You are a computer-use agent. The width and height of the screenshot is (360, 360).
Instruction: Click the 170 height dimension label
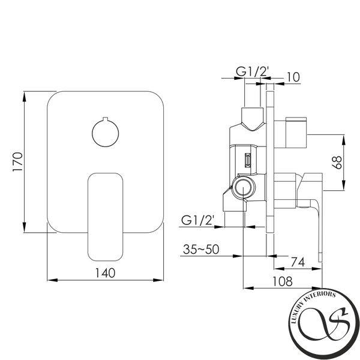(18, 161)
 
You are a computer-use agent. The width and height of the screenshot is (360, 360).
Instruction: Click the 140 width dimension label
(105, 273)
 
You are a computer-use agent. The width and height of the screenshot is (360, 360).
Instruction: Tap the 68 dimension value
(337, 163)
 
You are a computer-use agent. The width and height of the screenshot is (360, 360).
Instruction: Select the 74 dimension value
(298, 262)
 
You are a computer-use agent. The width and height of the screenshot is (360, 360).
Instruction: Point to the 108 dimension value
(283, 281)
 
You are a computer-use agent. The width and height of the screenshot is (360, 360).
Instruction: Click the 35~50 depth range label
(201, 250)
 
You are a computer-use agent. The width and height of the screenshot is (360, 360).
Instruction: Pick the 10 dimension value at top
(293, 77)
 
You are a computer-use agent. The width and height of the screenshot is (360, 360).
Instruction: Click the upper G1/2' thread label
(252, 71)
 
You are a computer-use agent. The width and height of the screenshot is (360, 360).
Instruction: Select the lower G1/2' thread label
(197, 220)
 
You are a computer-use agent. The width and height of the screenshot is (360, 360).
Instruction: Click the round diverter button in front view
(106, 133)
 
